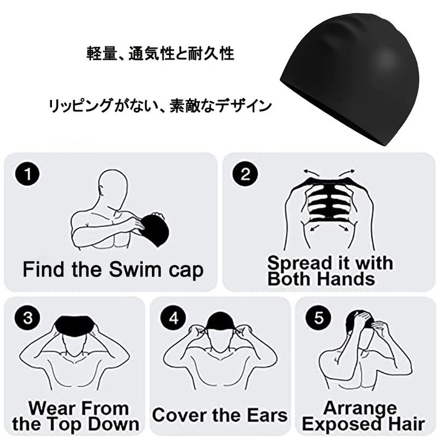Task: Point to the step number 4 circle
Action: coord(174,318)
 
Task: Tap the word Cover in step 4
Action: coord(178,415)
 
